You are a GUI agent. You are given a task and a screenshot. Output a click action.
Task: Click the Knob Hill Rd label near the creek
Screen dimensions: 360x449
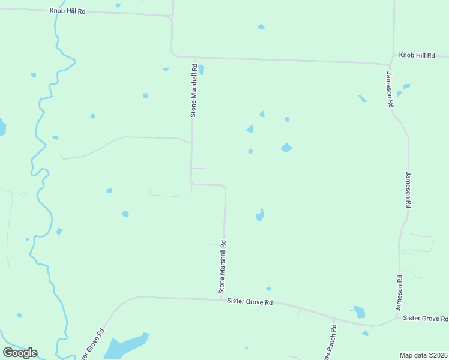(x=67, y=11)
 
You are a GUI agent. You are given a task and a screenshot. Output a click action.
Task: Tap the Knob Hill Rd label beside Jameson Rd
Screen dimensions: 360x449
(x=417, y=55)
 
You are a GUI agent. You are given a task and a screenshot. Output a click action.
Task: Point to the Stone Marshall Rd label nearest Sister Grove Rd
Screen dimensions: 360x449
(x=223, y=267)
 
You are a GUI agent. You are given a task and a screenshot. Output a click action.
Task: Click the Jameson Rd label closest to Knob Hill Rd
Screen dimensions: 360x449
(x=390, y=89)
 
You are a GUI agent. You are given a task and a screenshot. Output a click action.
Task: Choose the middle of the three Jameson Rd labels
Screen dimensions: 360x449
(x=408, y=190)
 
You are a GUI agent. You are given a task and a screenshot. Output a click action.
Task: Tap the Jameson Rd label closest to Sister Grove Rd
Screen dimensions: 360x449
(x=399, y=293)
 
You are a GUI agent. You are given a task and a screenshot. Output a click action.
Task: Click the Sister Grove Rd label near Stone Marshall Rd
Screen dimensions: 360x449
(x=250, y=302)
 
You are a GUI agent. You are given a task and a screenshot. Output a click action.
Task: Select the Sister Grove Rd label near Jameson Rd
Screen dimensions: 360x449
(x=425, y=318)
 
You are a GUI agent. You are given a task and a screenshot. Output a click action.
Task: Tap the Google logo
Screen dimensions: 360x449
(x=20, y=353)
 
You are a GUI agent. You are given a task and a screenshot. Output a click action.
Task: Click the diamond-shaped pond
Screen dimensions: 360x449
(x=286, y=147)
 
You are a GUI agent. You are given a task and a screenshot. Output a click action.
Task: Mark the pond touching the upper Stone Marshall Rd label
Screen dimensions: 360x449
(x=201, y=70)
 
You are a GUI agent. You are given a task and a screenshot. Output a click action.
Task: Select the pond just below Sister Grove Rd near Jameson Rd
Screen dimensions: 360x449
(x=359, y=312)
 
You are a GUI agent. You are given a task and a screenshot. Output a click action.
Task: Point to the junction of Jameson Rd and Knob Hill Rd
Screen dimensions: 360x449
(x=391, y=64)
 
